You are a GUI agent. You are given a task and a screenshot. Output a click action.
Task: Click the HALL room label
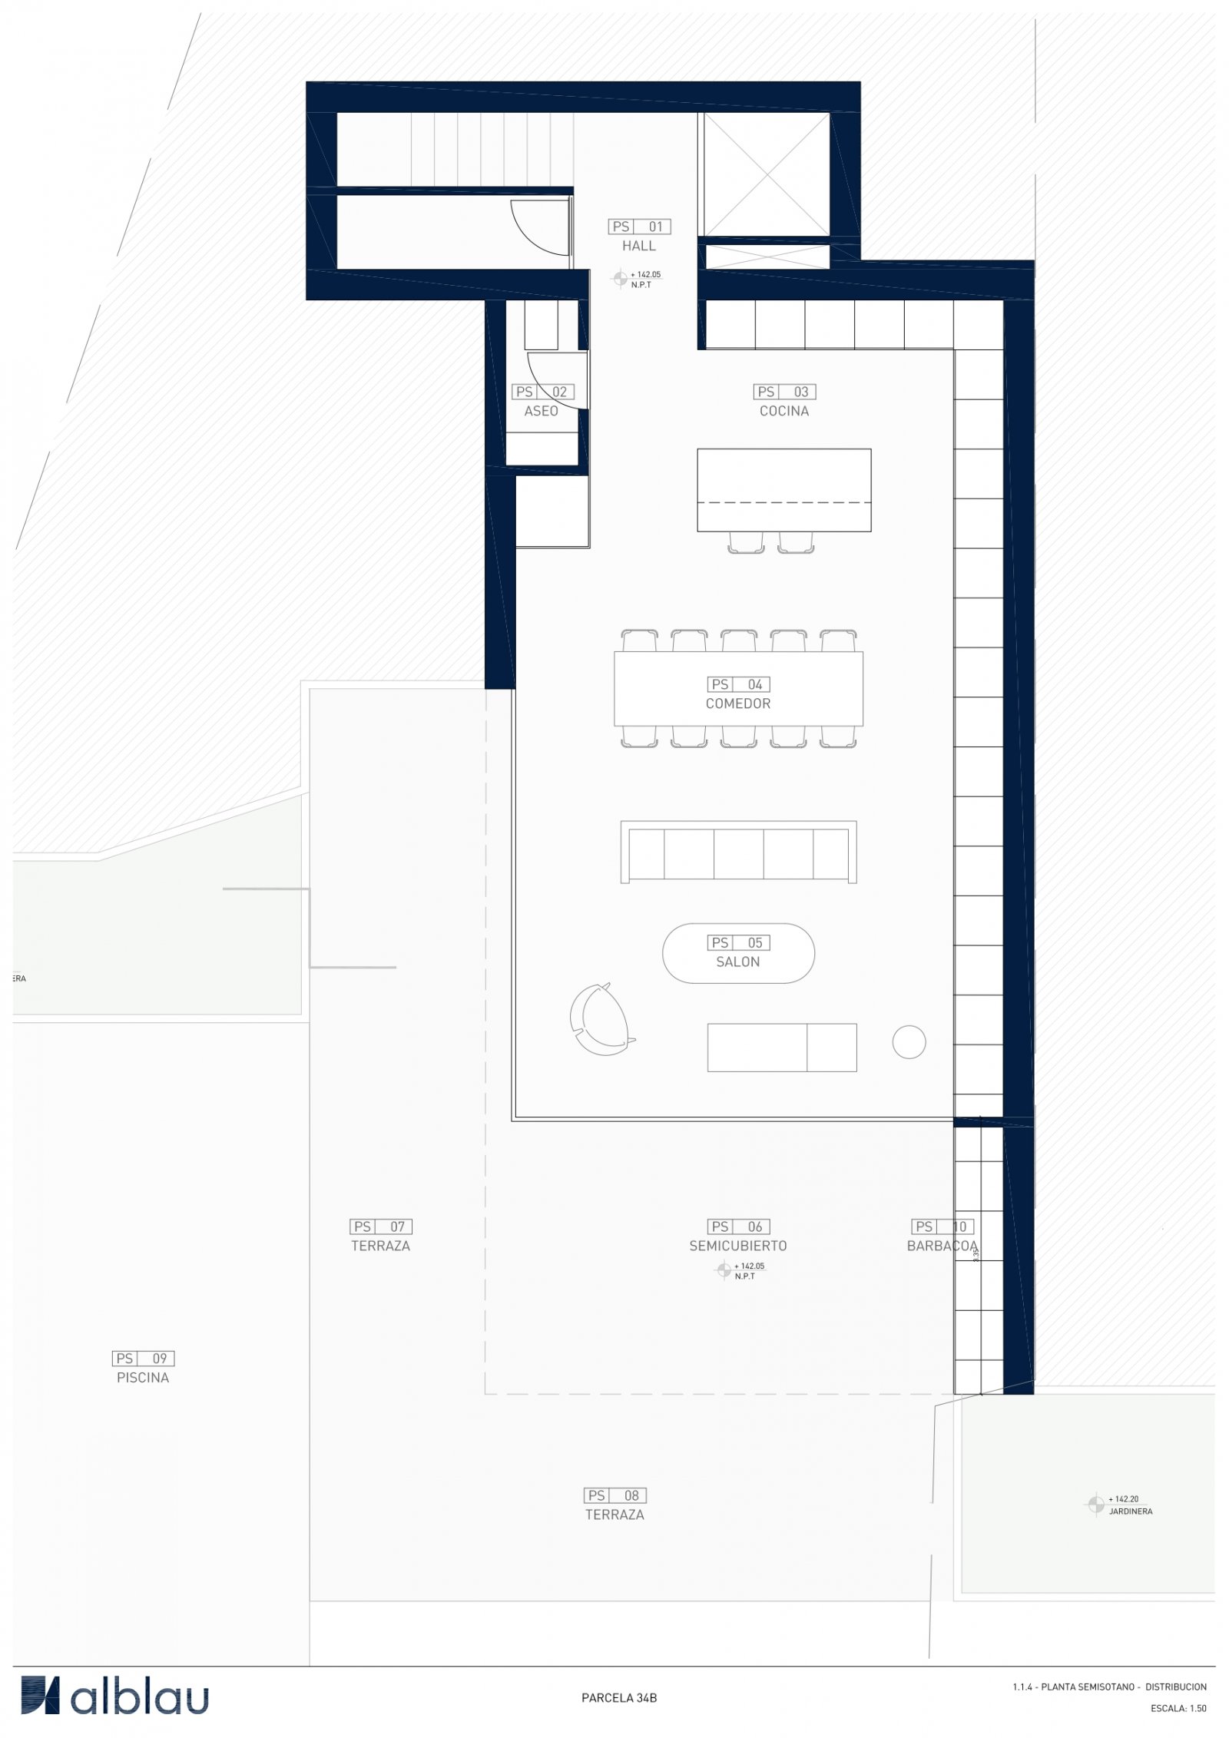click(638, 246)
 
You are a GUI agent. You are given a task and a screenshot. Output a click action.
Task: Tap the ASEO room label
click(541, 411)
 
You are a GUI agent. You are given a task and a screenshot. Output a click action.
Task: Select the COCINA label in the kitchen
click(783, 411)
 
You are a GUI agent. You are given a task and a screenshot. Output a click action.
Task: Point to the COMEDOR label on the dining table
click(737, 703)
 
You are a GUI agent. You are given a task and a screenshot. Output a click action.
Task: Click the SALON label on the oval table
click(737, 962)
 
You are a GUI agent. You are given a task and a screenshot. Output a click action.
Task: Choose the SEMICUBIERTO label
click(737, 1246)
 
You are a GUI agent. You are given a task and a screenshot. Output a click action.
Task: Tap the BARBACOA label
click(942, 1246)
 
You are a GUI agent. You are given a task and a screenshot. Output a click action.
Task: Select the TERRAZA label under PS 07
click(380, 1246)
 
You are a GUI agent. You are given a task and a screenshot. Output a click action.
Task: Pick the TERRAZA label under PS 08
click(614, 1515)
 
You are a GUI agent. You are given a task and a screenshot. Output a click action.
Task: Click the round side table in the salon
click(909, 1042)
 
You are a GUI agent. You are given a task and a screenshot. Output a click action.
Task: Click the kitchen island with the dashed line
click(783, 489)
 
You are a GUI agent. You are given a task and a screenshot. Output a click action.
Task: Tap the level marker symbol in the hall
click(620, 279)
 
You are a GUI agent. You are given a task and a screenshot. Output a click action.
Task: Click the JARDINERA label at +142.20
click(1131, 1511)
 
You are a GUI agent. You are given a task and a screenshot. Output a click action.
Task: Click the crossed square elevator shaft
click(767, 174)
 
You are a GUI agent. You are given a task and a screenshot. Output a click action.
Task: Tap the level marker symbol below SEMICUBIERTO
click(723, 1270)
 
